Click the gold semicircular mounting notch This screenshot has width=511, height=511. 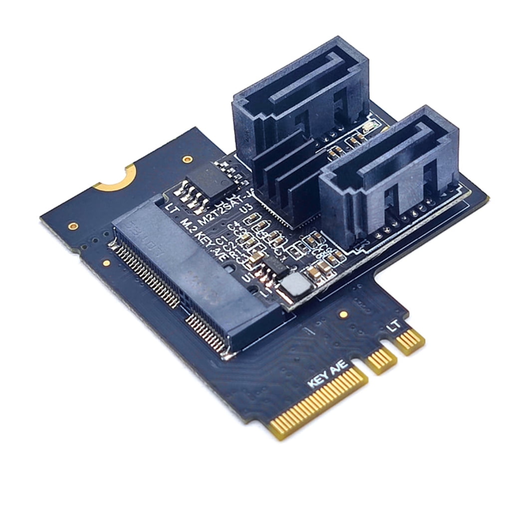pos(117,178)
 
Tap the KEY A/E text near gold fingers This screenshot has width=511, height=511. pos(326,374)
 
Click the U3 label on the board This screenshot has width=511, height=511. pos(245,208)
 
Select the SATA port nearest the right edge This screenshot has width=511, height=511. pos(389,175)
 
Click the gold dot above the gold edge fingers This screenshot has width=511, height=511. pos(343,314)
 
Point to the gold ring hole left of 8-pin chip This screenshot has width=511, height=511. pos(188,160)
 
